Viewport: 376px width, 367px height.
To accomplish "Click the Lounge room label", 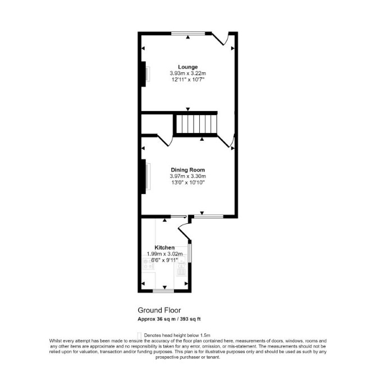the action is tap(188, 67).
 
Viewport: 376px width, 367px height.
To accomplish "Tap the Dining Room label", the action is tap(188, 170).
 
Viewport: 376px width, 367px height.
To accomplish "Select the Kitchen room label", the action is tap(164, 247).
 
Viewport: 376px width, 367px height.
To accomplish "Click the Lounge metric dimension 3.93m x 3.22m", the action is tap(188, 73).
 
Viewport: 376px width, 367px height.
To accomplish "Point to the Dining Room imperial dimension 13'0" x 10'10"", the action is tap(188, 182).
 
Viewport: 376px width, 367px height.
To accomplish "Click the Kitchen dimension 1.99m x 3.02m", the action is tap(165, 254).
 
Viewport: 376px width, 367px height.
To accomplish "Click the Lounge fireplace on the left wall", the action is tap(145, 74).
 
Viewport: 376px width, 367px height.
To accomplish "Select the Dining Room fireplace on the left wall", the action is tap(145, 176).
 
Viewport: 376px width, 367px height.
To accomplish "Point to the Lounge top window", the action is tap(188, 33).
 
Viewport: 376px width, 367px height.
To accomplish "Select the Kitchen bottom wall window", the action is tap(163, 291).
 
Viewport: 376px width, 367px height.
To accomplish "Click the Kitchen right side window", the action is tap(190, 253).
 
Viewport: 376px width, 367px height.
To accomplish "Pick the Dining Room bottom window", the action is tap(209, 217).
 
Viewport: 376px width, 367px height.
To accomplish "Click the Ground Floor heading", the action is tap(159, 310).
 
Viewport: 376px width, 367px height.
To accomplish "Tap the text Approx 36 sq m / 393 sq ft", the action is tap(169, 319).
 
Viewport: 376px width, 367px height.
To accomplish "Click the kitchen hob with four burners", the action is tap(148, 263).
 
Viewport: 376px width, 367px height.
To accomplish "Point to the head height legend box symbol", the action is tap(139, 335).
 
